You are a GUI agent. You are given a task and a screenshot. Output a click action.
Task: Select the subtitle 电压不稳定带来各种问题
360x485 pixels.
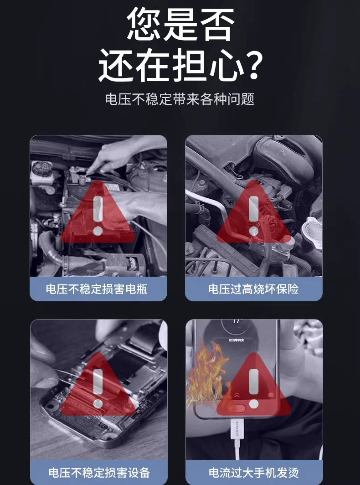coord(180,99)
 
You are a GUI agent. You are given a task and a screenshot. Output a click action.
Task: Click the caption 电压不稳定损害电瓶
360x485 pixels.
coord(97,289)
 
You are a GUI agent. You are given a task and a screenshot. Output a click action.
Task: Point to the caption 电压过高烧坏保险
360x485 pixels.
coord(253,289)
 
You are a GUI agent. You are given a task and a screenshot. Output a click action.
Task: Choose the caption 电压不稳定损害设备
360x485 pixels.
coord(99,472)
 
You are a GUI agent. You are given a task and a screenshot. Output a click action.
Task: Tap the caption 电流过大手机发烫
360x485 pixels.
coord(254,472)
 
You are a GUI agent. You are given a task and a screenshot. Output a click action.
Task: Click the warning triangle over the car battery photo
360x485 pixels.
coord(98,212)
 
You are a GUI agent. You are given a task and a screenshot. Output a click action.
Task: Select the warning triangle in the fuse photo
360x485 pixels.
coord(254,212)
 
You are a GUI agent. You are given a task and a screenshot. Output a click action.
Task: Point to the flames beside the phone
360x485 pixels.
coord(206,376)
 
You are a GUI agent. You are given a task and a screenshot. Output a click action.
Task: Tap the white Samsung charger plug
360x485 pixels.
coord(237,432)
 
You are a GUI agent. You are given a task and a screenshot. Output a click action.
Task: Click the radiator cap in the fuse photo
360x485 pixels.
coord(312,229)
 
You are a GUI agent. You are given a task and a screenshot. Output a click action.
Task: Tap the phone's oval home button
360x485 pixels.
coord(237,408)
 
